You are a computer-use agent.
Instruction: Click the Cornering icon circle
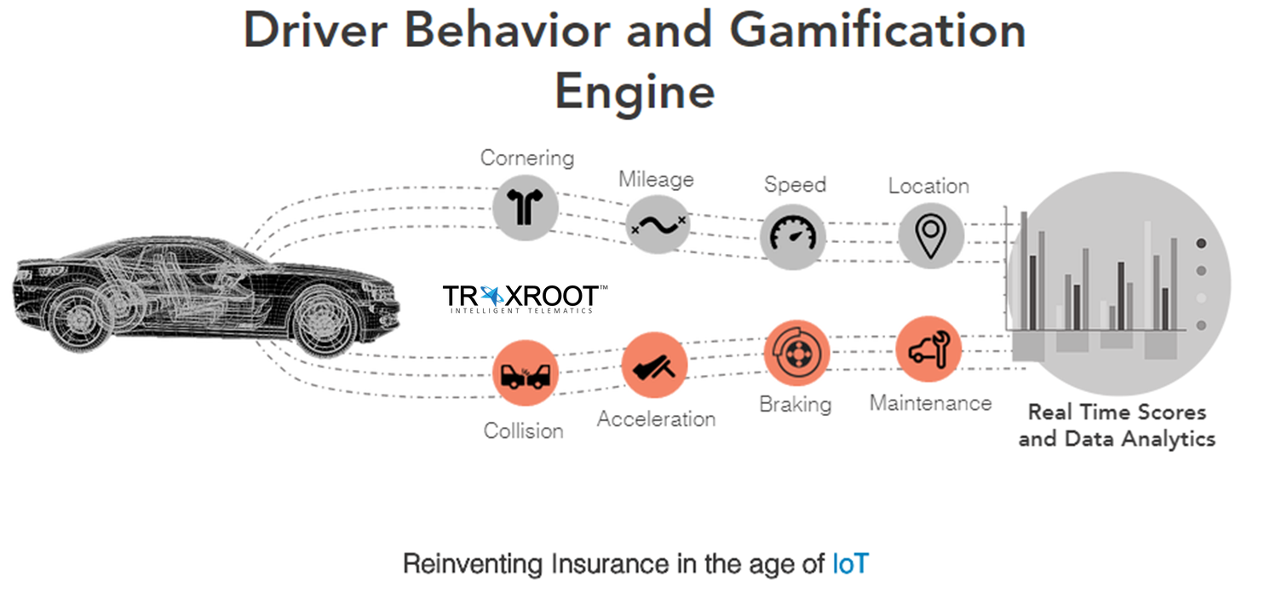526,206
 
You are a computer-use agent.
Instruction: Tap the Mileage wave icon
657,225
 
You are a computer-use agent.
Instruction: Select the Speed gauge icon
793,235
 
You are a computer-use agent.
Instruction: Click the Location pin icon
931,235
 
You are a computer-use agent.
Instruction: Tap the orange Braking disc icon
796,352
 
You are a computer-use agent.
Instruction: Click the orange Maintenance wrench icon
928,349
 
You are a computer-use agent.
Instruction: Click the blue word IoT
849,564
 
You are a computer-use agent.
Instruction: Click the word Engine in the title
635,91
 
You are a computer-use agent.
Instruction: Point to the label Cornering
527,158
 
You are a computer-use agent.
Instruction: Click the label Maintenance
930,402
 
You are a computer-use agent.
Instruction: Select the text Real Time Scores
1117,412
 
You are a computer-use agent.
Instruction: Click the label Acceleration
656,419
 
